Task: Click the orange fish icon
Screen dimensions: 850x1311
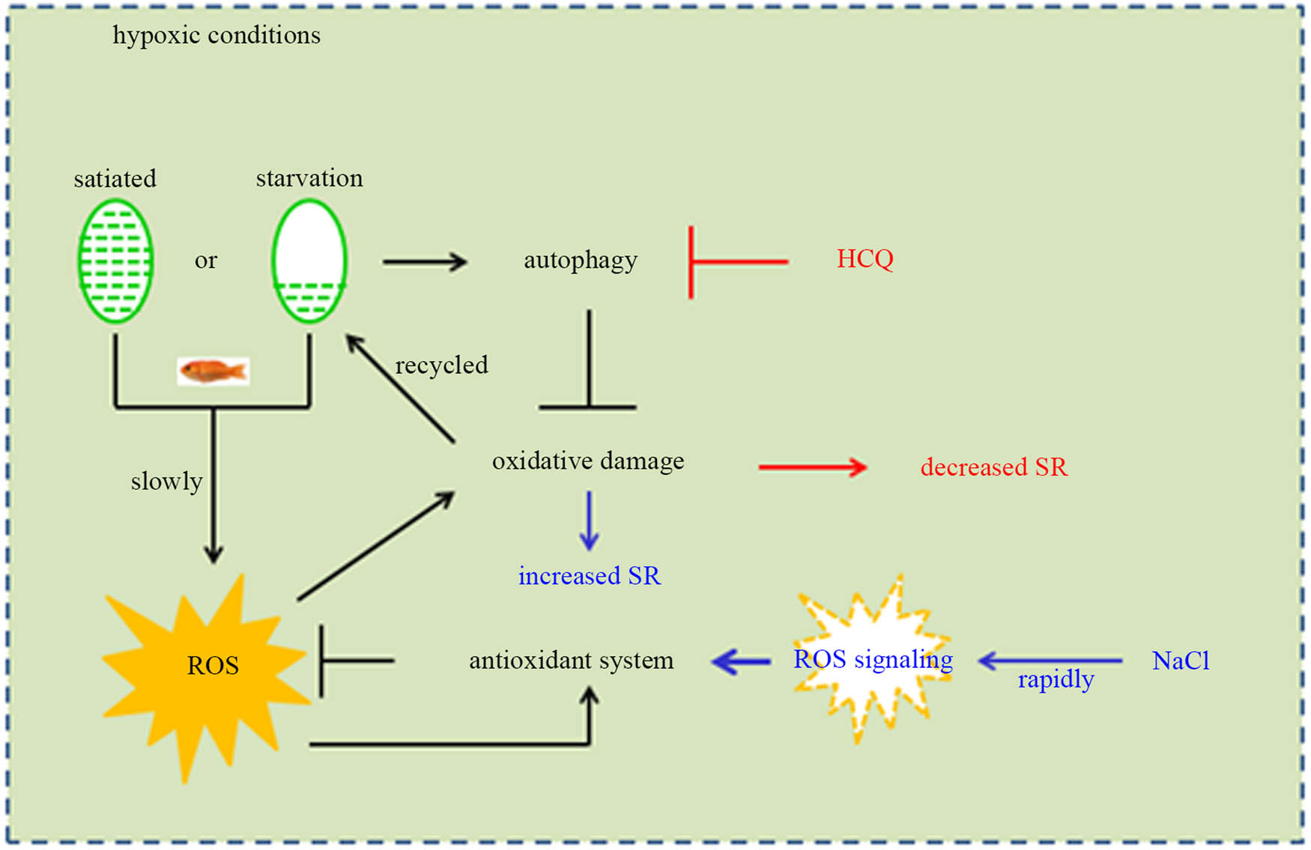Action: click(x=214, y=371)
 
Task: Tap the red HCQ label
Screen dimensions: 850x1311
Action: click(x=865, y=259)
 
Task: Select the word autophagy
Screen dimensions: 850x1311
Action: click(x=581, y=260)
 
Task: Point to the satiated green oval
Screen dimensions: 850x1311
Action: click(x=115, y=261)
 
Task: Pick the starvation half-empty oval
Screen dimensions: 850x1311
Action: click(x=309, y=261)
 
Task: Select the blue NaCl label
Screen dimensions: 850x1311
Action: click(x=1180, y=661)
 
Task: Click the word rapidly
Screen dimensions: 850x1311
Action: click(x=1056, y=679)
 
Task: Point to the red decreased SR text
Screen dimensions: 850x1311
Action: click(x=993, y=467)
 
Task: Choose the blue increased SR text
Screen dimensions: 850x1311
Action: click(x=590, y=576)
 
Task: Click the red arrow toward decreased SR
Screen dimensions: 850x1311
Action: click(x=813, y=468)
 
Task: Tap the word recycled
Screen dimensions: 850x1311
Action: click(x=441, y=365)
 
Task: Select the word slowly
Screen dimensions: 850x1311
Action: click(x=166, y=481)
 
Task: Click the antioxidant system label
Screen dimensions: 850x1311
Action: click(x=571, y=661)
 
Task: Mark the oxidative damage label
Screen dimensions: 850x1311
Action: click(x=588, y=461)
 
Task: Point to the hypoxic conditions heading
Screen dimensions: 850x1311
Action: click(x=217, y=35)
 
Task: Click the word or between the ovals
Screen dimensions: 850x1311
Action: click(x=206, y=260)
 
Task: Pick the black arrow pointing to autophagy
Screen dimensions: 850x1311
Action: click(x=425, y=262)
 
